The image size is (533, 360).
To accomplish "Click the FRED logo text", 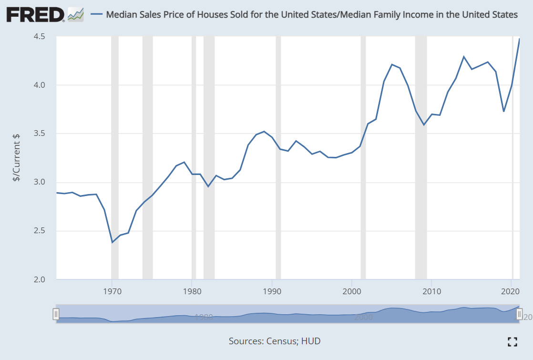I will tap(35, 14).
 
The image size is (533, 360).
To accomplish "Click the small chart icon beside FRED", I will tap(75, 14).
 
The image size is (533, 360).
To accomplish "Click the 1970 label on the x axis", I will tap(112, 290).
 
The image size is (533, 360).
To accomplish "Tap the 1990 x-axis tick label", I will tap(272, 290).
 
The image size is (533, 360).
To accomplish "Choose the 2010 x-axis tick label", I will tap(431, 290).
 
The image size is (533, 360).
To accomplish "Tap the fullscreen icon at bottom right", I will tap(512, 341).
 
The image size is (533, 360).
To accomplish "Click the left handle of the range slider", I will tap(56, 314).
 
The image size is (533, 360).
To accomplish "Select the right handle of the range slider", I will tap(519, 314).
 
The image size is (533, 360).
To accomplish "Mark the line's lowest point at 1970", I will tap(113, 243).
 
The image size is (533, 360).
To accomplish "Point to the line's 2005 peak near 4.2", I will tap(391, 64).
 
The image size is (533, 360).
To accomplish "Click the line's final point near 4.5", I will tap(519, 39).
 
